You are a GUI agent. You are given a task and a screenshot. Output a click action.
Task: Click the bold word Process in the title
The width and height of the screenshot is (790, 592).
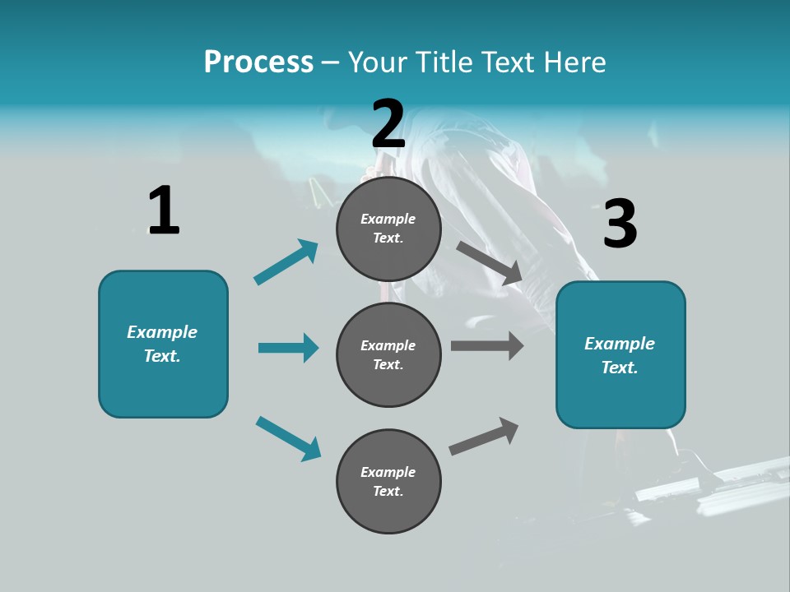258,62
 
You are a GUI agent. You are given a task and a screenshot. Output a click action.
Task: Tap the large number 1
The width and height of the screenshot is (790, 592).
163,211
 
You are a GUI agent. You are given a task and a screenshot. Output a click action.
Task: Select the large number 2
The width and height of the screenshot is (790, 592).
388,124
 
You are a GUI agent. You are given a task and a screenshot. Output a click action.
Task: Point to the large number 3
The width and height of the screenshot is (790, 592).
620,224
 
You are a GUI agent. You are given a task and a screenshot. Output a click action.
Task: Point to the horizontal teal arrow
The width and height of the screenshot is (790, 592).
288,348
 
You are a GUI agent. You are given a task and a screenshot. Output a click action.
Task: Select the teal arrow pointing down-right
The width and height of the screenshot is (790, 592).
289,438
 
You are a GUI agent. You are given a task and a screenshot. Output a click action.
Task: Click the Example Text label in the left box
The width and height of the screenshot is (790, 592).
162,344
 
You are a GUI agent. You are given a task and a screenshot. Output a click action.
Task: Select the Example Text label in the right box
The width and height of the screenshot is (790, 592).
620,355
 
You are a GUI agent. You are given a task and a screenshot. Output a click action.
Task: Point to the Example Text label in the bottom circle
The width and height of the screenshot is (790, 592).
388,482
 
